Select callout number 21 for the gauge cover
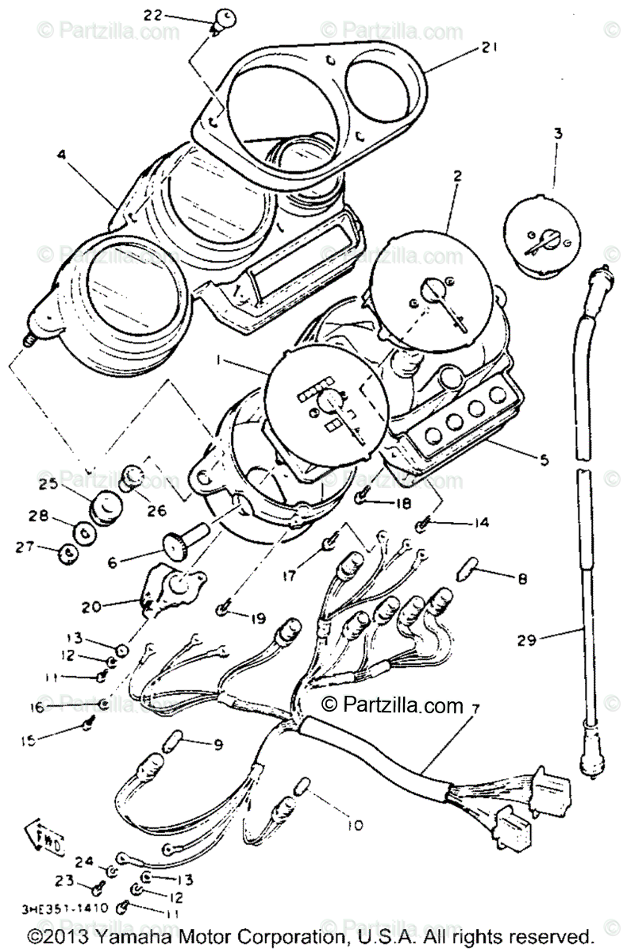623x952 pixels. (x=488, y=48)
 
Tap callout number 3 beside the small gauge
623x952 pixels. (x=558, y=134)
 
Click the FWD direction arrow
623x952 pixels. (x=49, y=835)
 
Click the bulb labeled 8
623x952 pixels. (x=468, y=570)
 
